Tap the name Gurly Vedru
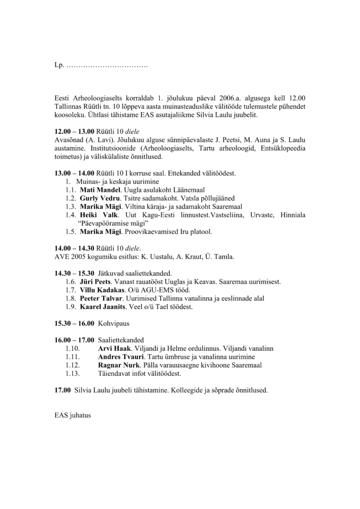pyautogui.click(x=97, y=198)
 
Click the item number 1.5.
pyautogui.click(x=70, y=232)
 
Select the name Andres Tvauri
pyautogui.click(x=120, y=357)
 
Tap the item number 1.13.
pyautogui.click(x=73, y=373)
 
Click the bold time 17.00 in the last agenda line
pyautogui.click(x=62, y=391)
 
